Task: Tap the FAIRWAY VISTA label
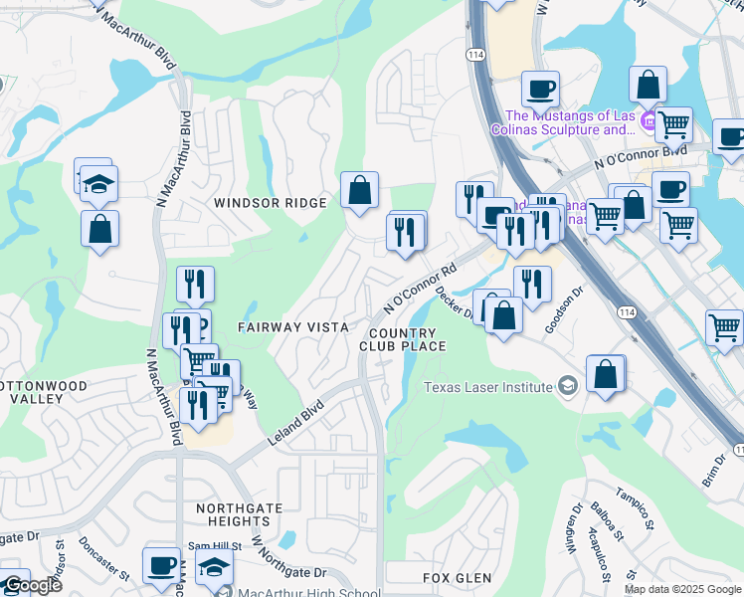point(292,326)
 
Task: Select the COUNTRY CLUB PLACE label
point(402,339)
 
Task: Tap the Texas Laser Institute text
point(488,387)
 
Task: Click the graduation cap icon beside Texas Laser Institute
point(567,387)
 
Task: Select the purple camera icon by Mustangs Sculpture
point(649,122)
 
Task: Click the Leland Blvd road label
point(295,423)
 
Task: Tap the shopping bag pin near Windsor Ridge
point(359,190)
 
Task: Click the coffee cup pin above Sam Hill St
point(161,565)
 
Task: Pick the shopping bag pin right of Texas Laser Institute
point(605,374)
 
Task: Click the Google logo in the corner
point(32,585)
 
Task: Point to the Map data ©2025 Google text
point(681,589)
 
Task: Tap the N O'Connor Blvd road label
point(641,155)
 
